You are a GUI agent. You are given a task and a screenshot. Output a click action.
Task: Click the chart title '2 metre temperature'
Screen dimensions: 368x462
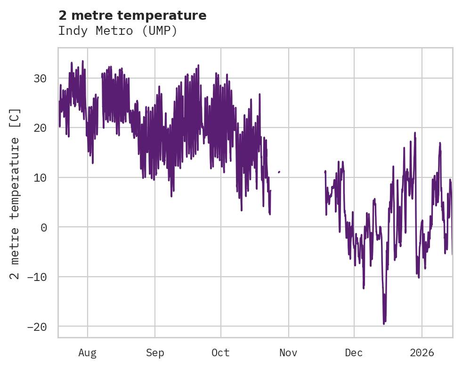coord(132,16)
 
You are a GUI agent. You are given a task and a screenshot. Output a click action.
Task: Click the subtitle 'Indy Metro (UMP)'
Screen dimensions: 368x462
coord(117,31)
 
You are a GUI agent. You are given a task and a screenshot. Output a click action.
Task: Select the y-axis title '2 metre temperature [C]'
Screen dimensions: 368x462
coord(16,193)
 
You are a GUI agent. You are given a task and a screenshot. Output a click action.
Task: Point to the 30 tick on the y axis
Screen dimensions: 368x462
coord(40,78)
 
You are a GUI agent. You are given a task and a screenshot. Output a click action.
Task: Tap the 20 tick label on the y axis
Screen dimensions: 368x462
coord(40,128)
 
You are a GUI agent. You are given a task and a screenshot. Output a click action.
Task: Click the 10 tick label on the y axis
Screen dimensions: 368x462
coord(40,177)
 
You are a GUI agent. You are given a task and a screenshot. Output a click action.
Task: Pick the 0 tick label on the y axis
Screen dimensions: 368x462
coord(44,227)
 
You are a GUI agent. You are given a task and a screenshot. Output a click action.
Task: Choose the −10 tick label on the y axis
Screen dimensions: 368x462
coord(37,277)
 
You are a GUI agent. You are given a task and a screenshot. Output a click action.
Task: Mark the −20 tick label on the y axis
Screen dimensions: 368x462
coord(37,327)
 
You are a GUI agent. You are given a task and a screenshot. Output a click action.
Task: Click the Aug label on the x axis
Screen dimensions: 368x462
coord(87,352)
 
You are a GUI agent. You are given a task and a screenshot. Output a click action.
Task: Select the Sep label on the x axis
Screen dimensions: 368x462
coord(155,352)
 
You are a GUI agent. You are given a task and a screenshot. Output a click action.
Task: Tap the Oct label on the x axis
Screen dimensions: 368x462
coord(220,352)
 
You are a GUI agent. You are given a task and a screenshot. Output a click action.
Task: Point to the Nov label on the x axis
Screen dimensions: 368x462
coord(288,352)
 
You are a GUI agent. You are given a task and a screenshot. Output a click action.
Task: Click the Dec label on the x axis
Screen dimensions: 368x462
coord(354,352)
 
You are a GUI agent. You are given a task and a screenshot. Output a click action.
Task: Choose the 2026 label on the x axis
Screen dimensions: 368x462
coord(422,352)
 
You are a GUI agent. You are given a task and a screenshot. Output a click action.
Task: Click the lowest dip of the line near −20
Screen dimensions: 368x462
coord(384,324)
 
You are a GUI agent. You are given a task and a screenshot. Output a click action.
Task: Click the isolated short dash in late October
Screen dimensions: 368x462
coord(279,172)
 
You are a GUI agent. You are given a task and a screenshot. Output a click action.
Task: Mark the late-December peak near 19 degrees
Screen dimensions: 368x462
coord(415,133)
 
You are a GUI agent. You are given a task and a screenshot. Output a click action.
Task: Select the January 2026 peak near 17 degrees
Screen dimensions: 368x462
coord(440,143)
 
